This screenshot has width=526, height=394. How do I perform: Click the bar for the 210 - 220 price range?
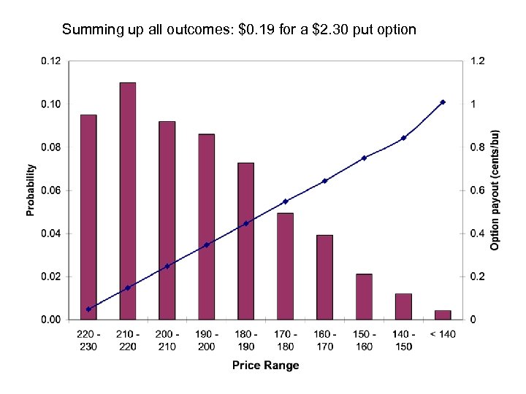coord(128,201)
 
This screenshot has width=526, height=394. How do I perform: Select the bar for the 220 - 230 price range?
coord(88,217)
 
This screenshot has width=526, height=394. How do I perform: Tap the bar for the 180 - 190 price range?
coord(246,241)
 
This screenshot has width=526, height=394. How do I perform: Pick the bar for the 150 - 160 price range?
coord(364,296)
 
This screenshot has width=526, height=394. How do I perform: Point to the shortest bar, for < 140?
coord(443,314)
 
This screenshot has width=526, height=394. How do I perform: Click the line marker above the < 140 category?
coord(443,102)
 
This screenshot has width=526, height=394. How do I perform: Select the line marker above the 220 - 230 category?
coord(88,309)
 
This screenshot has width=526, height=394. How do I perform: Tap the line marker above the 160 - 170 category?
coord(324,180)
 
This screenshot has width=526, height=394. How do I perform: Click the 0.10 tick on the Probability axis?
coord(50,104)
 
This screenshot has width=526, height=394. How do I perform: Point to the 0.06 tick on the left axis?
coord(50,190)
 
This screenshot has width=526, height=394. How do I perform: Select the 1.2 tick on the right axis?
coord(476,61)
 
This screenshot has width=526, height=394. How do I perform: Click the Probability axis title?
coord(31,190)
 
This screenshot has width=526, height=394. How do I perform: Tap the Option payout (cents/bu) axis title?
coord(495,190)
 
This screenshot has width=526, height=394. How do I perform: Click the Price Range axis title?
coord(266,365)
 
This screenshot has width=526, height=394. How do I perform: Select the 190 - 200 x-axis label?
coord(207,341)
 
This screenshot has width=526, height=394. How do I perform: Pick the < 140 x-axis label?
coord(443,336)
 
